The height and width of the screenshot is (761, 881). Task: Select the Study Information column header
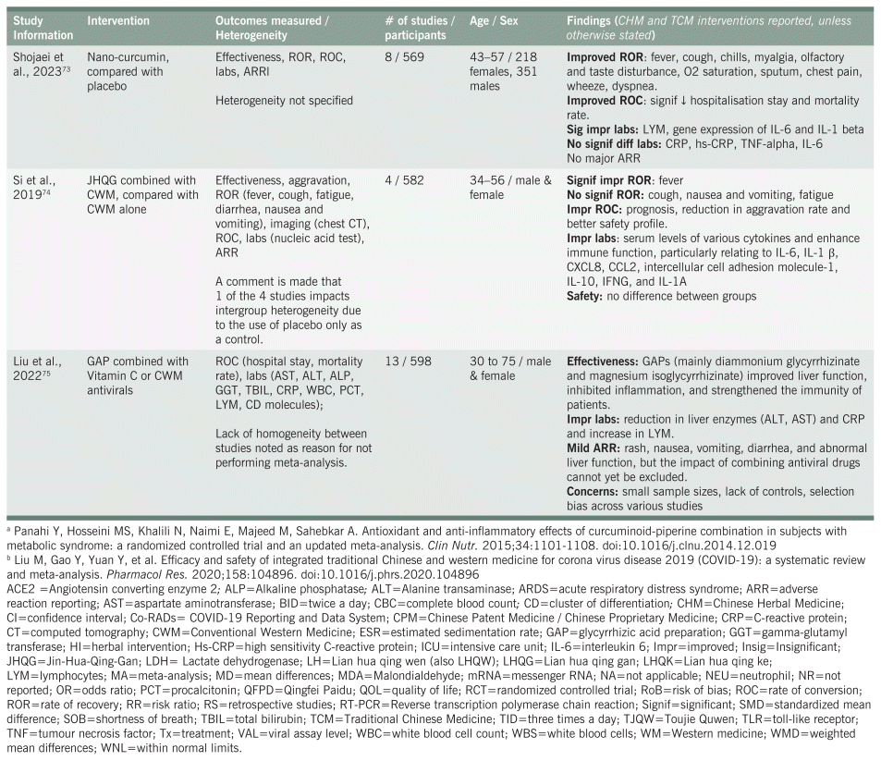[36, 28]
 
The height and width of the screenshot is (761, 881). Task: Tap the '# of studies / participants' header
[421, 28]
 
